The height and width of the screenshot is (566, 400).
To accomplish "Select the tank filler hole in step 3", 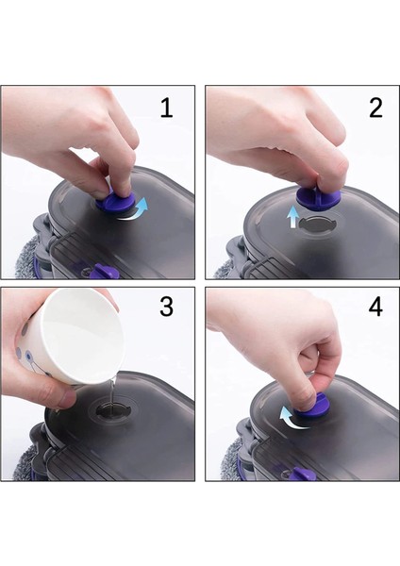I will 116,413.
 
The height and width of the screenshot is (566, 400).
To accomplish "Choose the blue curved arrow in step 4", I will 293,416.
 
